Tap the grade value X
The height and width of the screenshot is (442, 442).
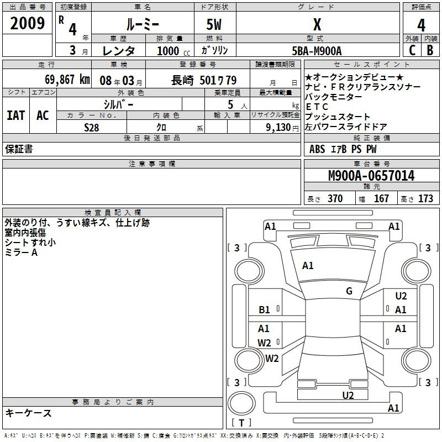(x=317, y=25)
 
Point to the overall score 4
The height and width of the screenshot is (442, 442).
(x=421, y=25)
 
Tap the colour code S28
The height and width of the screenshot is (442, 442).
(x=92, y=128)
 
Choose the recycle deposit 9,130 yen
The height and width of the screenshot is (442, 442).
(x=275, y=128)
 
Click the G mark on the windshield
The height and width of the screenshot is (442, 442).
(x=349, y=291)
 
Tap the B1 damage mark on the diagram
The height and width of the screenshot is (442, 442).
(x=264, y=310)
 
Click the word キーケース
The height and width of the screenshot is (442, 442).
(x=29, y=413)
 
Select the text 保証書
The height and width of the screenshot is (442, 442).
(x=19, y=149)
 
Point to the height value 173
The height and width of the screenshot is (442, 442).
(x=425, y=199)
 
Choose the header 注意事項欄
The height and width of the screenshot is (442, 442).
(x=151, y=164)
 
